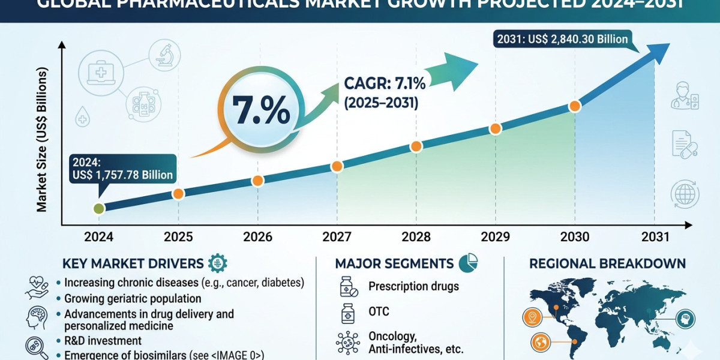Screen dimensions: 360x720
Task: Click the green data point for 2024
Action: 100,208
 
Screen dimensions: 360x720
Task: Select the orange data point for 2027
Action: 337,166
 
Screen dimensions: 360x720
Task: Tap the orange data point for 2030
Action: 574,106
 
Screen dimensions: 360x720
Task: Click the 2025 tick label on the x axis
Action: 178,237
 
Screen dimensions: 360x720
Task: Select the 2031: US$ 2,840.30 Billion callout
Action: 563,40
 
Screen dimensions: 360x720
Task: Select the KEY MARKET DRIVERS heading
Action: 133,263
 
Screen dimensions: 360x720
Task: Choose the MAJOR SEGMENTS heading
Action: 394,263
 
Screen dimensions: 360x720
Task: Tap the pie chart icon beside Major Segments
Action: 467,263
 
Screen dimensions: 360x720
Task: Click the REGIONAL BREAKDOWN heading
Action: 607,263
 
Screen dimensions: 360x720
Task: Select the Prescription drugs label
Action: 413,286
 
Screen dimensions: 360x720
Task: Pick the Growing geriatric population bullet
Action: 132,298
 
